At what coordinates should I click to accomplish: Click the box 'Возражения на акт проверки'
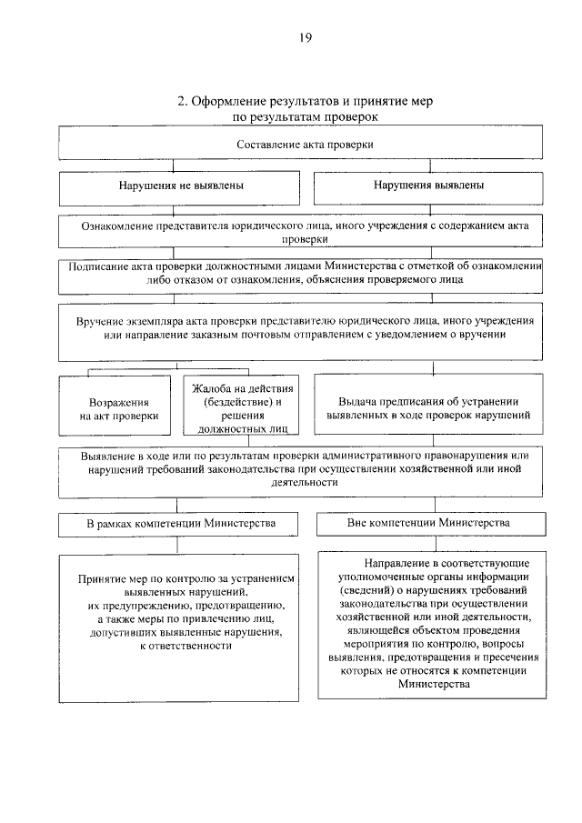pyautogui.click(x=118, y=408)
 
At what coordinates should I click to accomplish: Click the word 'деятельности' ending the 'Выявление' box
pyautogui.click(x=305, y=484)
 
